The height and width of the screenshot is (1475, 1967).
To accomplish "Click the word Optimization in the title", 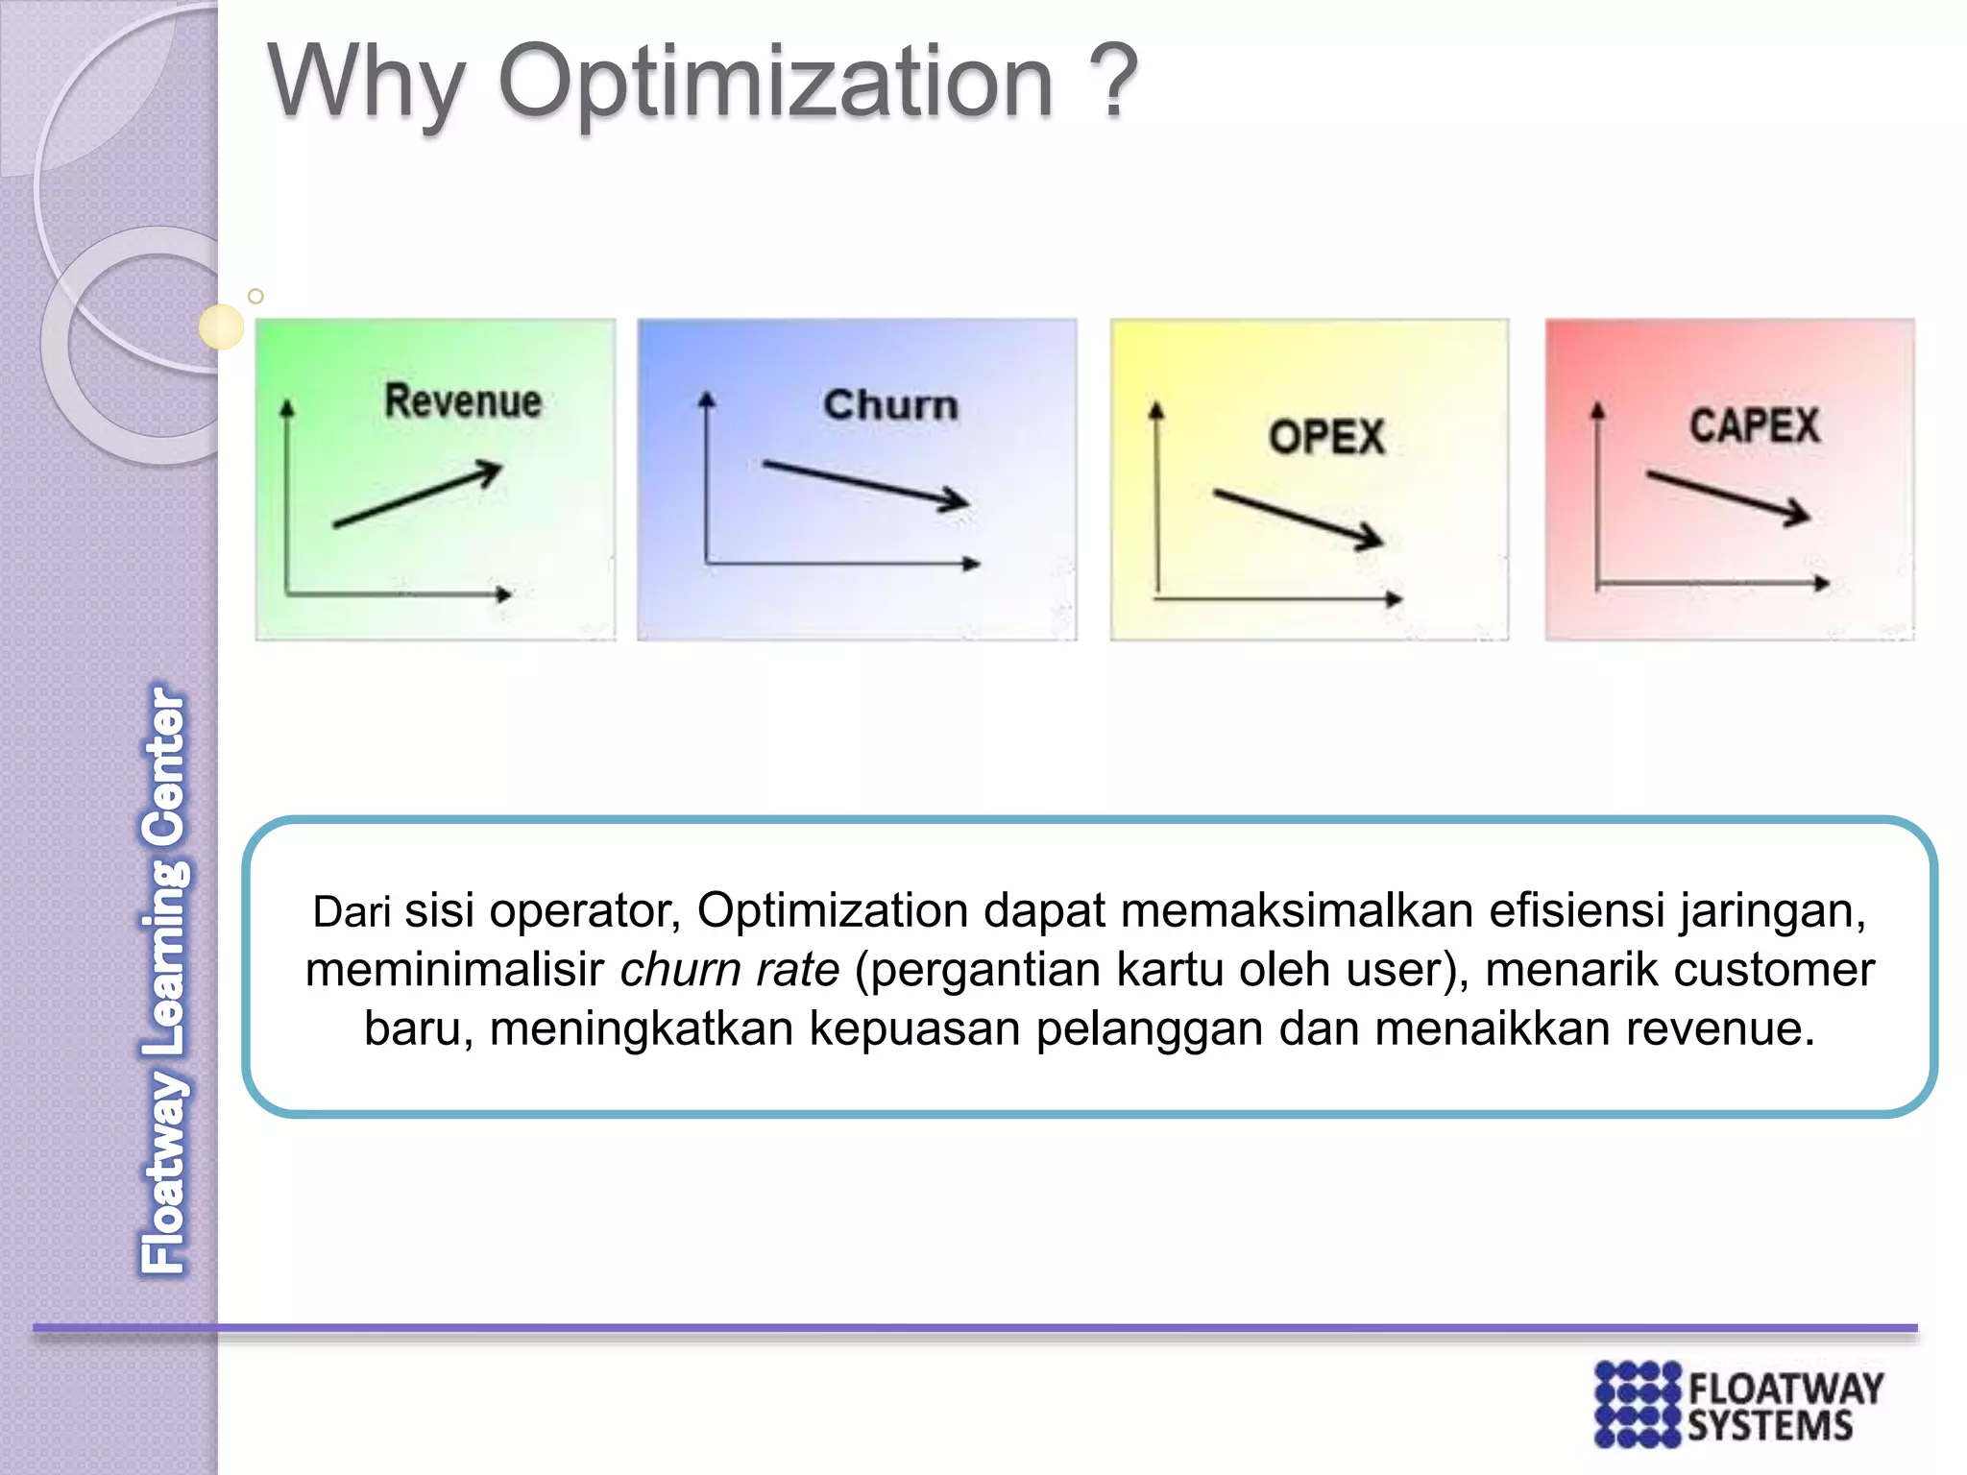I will click(776, 85).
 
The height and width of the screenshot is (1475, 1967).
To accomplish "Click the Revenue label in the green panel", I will click(463, 400).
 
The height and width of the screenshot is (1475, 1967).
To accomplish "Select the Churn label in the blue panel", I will click(890, 404).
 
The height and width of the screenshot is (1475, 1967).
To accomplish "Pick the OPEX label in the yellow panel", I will click(1326, 437).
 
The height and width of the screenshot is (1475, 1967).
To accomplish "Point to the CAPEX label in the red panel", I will click(1754, 425).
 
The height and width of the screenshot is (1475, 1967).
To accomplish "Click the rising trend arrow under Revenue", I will click(419, 495).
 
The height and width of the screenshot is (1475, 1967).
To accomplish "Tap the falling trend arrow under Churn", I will click(864, 484).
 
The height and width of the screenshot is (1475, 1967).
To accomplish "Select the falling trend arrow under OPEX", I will click(1298, 519).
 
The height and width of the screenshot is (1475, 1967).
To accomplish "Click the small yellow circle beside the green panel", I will click(221, 326).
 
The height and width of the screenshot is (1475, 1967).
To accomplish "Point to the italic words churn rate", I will click(729, 969).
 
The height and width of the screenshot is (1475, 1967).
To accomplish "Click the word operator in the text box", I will click(584, 910).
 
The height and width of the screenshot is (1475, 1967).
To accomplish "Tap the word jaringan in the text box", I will click(1772, 910).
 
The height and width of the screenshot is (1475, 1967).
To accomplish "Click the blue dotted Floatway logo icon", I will click(1638, 1403).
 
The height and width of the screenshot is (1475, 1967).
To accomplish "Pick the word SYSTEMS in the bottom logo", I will click(1770, 1426).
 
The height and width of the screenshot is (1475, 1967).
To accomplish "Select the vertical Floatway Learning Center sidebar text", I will click(165, 979).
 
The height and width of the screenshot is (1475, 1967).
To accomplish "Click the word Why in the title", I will click(365, 85).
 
